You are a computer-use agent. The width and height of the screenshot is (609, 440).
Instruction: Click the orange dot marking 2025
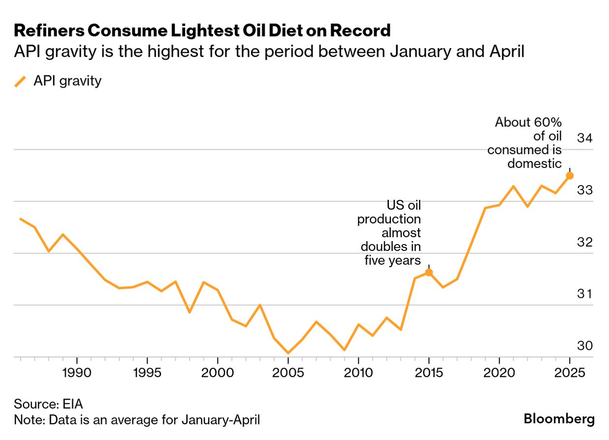click(x=570, y=176)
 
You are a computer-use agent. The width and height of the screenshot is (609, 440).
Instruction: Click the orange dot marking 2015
click(x=429, y=272)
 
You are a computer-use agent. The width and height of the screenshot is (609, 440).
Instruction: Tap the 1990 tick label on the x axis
click(x=77, y=372)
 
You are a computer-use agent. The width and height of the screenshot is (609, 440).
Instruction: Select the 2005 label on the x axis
click(x=288, y=372)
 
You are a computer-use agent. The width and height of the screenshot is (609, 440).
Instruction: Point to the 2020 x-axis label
click(x=499, y=372)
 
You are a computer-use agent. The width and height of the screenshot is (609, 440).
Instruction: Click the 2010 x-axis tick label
click(x=358, y=372)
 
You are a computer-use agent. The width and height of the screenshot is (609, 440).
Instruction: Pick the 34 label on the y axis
click(x=584, y=138)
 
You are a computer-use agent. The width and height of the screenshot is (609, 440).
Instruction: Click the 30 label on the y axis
click(x=584, y=346)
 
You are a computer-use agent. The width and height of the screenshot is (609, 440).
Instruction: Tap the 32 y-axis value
click(x=584, y=242)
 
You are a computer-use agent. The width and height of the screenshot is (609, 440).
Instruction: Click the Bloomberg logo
click(x=559, y=419)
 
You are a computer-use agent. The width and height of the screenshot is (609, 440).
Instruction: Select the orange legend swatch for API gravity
click(x=21, y=81)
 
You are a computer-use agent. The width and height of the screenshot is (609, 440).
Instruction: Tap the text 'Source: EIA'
click(x=48, y=405)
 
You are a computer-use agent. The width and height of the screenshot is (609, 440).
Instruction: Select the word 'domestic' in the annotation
click(x=535, y=163)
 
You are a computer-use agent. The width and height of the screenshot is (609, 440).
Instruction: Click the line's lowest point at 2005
click(x=288, y=353)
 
